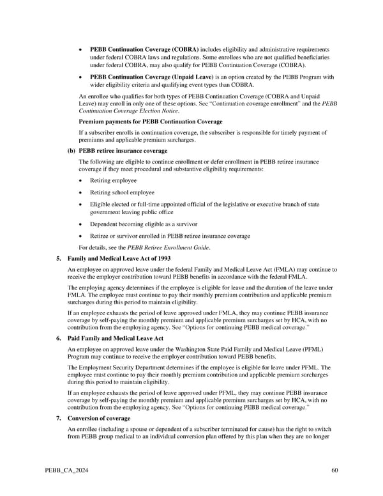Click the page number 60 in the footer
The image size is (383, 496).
pyautogui.click(x=334, y=472)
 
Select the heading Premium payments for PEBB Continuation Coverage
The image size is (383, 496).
pyautogui.click(x=150, y=121)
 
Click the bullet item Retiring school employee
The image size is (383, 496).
pyautogui.click(x=122, y=192)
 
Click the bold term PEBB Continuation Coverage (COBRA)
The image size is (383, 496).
pyautogui.click(x=144, y=49)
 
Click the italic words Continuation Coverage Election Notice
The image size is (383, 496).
pyautogui.click(x=119, y=111)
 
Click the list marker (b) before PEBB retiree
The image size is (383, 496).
pyautogui.click(x=71, y=151)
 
